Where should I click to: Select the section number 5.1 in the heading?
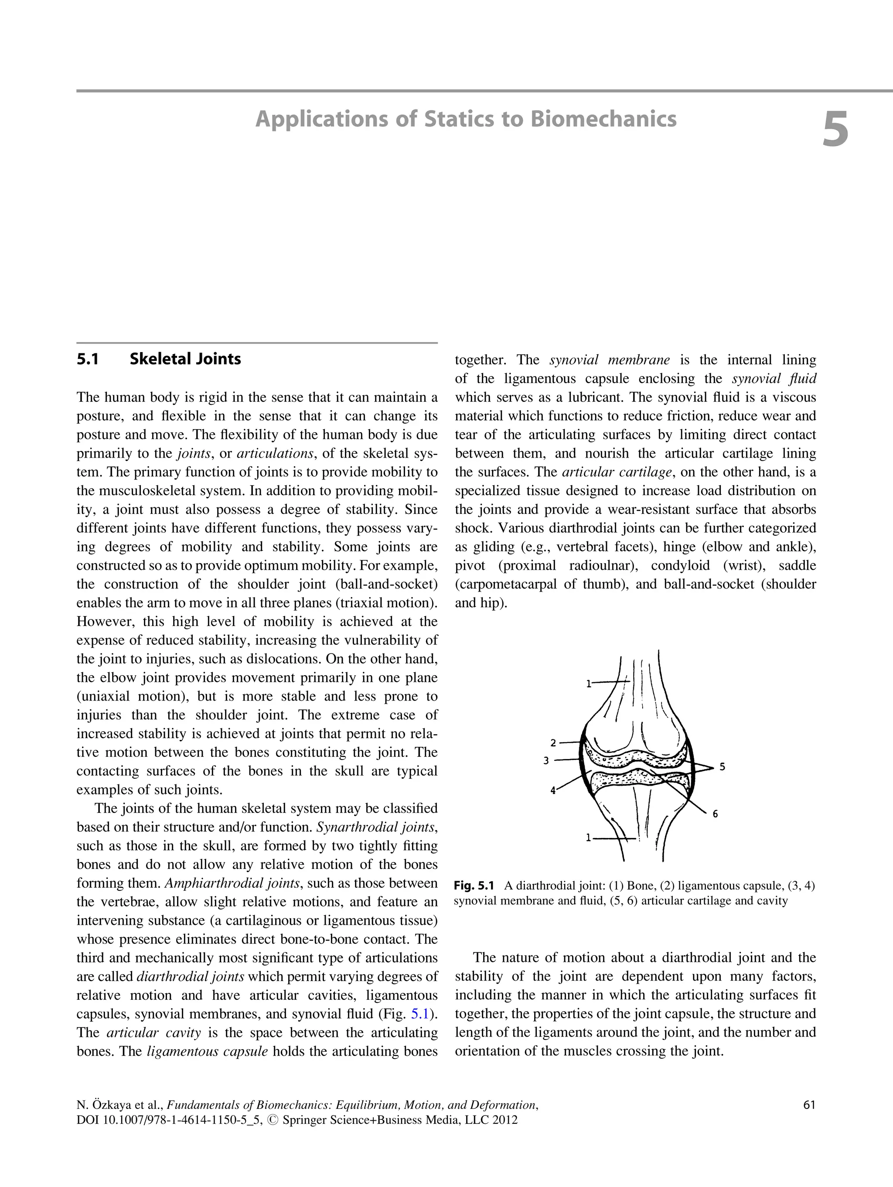tap(88, 359)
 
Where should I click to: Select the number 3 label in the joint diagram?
tap(546, 760)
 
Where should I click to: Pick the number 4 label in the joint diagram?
tap(552, 790)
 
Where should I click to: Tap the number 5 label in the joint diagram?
tap(722, 767)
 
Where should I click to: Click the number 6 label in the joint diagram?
tap(715, 814)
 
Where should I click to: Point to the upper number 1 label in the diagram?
tap(588, 684)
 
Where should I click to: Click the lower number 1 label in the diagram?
tap(588, 838)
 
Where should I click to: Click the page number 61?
tap(809, 1105)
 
